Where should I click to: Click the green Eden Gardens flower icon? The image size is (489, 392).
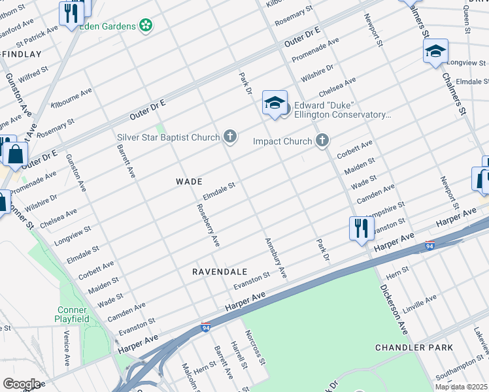click(146, 25)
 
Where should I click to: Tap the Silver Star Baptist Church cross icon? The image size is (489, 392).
click(229, 137)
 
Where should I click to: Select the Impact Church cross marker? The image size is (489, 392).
click(322, 140)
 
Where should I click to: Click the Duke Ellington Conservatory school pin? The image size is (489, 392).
click(275, 103)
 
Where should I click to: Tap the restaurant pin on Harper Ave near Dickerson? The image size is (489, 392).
click(362, 229)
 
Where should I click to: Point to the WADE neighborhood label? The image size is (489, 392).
click(189, 181)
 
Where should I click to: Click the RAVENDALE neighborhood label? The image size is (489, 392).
click(220, 271)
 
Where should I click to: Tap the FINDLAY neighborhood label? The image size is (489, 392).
click(21, 54)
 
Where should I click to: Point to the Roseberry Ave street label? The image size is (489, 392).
click(209, 224)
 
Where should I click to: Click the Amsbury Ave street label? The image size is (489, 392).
click(275, 257)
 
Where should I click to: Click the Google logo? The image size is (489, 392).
click(22, 384)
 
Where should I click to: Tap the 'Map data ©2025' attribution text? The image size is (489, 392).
click(462, 387)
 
